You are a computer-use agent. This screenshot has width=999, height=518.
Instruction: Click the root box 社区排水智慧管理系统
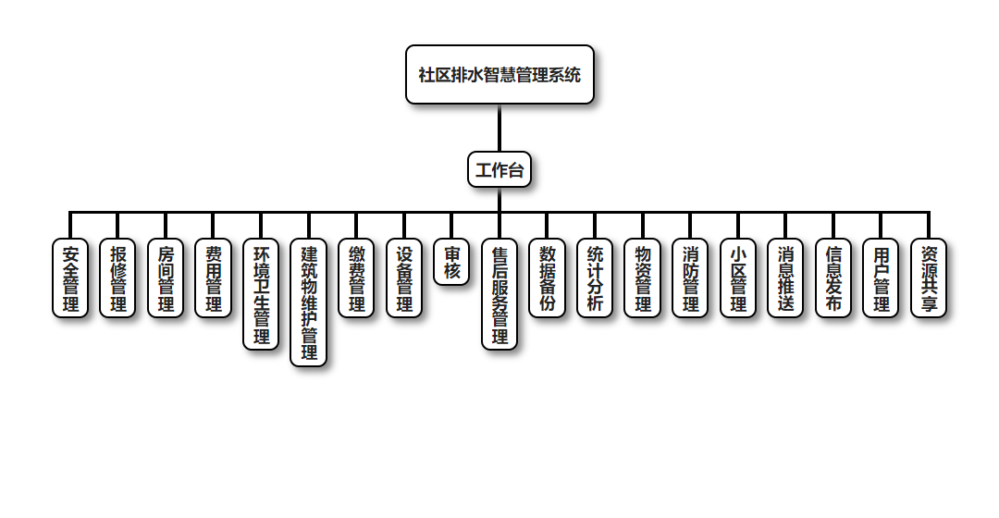499,74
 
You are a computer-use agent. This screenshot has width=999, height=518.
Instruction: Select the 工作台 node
499,169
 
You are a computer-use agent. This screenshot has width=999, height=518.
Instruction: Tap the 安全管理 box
70,278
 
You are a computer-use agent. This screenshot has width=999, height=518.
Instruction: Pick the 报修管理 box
118,278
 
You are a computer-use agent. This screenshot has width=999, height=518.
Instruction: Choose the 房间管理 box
166,278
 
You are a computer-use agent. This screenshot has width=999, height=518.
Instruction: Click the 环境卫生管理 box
261,294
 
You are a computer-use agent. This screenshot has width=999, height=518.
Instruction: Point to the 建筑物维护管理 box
309,302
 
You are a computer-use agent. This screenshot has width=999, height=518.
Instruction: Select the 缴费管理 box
356,278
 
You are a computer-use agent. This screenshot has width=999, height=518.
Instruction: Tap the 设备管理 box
404,278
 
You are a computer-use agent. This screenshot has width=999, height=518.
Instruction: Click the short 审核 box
451,263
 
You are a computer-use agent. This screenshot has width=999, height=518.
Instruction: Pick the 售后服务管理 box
499,294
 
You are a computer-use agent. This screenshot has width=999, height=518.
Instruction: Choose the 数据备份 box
547,278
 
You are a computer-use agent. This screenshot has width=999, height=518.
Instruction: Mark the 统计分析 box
595,278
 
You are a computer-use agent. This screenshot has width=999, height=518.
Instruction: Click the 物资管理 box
643,278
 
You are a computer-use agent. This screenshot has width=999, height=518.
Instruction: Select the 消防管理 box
690,278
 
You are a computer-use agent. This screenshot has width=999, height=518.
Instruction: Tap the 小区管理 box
738,278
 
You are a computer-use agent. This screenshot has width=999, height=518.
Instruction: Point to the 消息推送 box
785,278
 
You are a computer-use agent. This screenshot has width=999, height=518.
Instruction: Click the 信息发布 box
833,278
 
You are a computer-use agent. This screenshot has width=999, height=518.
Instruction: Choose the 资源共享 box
929,278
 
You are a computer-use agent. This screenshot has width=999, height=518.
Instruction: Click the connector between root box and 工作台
499,128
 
